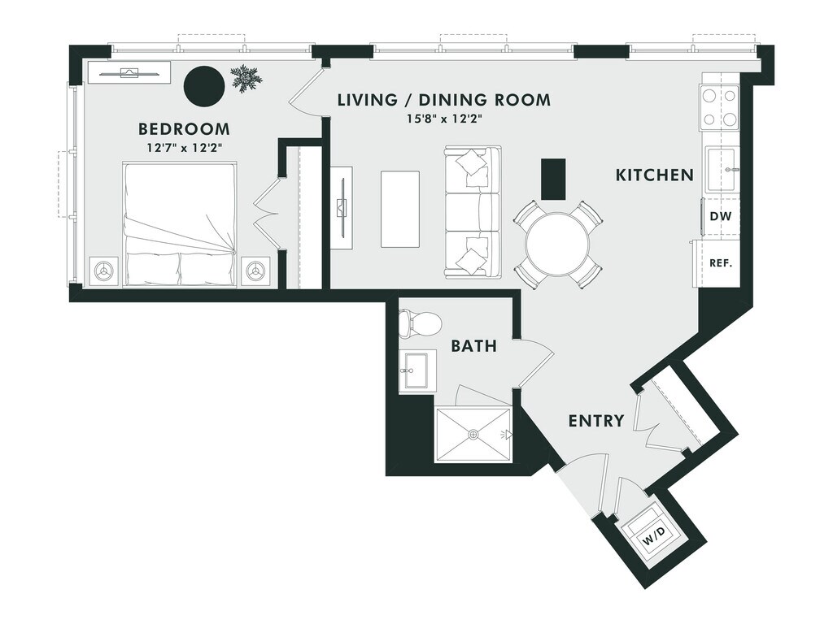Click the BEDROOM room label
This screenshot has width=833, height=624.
tap(184, 128)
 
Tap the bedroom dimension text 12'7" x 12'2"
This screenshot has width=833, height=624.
tap(184, 148)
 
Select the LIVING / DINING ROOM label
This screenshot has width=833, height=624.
tap(444, 100)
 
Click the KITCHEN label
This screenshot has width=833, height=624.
tap(654, 175)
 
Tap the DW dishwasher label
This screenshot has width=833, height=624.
tap(719, 216)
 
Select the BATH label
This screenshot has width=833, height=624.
tap(473, 346)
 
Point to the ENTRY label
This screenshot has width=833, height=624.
tap(595, 421)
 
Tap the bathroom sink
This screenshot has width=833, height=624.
tap(418, 371)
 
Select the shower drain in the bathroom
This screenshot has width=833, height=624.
tap(473, 435)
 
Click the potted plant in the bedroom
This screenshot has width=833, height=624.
tap(246, 79)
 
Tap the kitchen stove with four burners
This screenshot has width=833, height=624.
tap(719, 108)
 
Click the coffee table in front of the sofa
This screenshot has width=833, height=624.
tap(400, 208)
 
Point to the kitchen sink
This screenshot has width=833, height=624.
tap(721, 169)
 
